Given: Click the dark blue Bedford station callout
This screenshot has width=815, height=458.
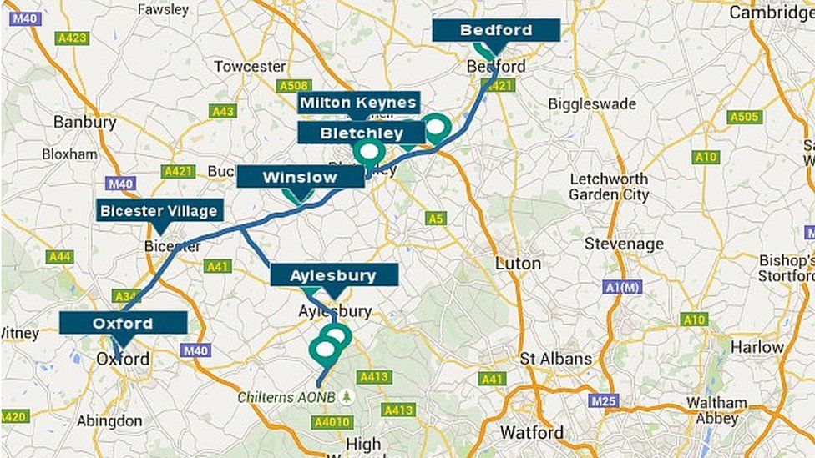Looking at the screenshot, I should (496, 31).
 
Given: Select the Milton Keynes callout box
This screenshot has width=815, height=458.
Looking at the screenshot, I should (358, 103).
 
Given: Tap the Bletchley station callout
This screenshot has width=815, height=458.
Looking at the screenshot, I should (361, 133).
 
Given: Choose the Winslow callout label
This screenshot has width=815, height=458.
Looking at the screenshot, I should (300, 177).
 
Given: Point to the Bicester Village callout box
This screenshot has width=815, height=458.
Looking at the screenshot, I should (159, 210).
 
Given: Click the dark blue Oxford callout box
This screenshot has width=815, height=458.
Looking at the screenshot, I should (123, 323).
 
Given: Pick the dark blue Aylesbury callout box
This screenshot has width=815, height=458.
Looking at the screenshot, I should (333, 275).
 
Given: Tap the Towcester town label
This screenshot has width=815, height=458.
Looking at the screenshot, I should (251, 66).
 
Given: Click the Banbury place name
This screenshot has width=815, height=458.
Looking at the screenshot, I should (84, 122).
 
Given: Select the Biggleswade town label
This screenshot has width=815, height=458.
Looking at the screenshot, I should (592, 104).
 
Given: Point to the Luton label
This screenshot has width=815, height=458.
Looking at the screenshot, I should (518, 263).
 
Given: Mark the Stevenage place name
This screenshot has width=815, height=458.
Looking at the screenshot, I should (624, 244).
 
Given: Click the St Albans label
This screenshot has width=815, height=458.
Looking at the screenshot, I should (555, 359).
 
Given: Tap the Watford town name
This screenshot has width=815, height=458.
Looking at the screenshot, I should (531, 432).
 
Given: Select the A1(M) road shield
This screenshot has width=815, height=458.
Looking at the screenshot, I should (622, 286).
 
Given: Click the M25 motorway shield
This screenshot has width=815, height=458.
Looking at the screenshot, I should (602, 400).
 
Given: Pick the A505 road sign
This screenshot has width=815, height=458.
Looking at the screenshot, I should (744, 117).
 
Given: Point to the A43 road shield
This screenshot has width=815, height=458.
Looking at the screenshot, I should (222, 111).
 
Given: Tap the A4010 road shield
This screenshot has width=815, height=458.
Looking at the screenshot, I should (332, 422).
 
